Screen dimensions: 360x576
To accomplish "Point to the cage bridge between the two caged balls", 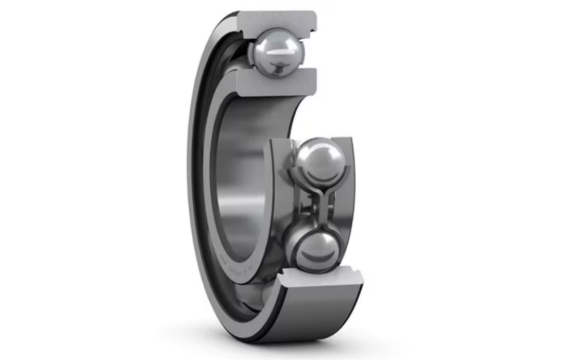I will point(316,204).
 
